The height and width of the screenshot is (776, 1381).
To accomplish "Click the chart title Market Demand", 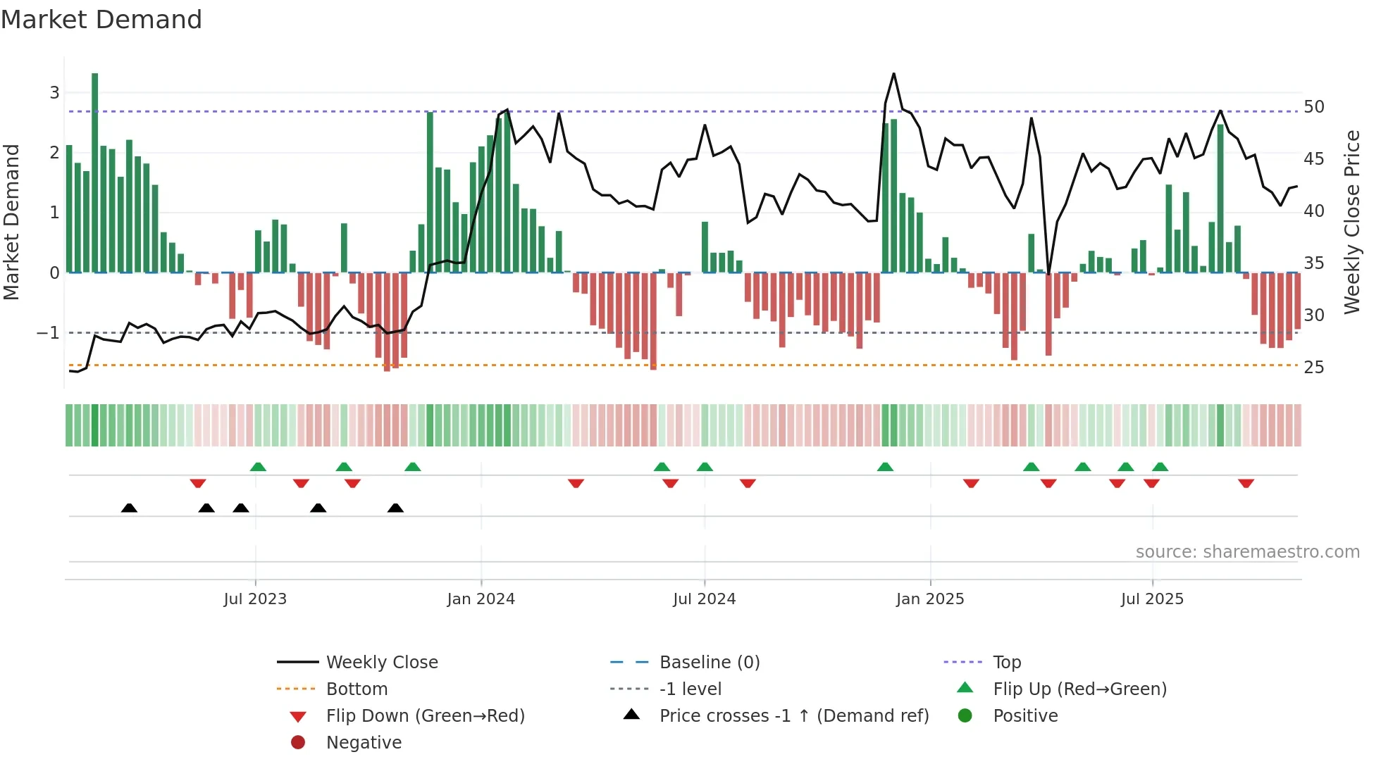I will pyautogui.click(x=101, y=20).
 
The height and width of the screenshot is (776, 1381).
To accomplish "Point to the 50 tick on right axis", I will pyautogui.click(x=1313, y=107).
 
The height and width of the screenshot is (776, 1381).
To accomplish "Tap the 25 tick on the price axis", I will pyautogui.click(x=1313, y=368).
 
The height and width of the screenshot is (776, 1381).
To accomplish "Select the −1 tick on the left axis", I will pyautogui.click(x=48, y=332).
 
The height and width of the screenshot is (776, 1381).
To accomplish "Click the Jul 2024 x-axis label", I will pyautogui.click(x=704, y=599).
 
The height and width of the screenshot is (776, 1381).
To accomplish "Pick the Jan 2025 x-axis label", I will pyautogui.click(x=929, y=599).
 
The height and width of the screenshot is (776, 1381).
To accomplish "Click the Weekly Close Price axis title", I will pyautogui.click(x=1351, y=222).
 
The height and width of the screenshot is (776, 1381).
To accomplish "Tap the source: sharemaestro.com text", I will pyautogui.click(x=1247, y=552).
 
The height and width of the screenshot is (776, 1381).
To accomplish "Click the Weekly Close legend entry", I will pyautogui.click(x=381, y=663).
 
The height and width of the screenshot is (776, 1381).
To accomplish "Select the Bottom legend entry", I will pyautogui.click(x=357, y=689).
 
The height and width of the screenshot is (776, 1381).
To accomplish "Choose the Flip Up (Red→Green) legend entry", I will pyautogui.click(x=1079, y=689).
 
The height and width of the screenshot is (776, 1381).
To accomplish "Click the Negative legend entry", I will pyautogui.click(x=364, y=743).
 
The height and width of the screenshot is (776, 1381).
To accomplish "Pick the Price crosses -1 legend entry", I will pyautogui.click(x=793, y=716).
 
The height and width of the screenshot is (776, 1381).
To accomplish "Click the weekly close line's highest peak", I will pyautogui.click(x=893, y=74).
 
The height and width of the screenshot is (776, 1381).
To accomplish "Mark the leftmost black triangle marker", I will pyautogui.click(x=129, y=508).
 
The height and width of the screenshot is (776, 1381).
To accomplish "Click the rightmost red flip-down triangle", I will pyautogui.click(x=1246, y=483).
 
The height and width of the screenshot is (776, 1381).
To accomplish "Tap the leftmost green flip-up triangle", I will pyautogui.click(x=258, y=467).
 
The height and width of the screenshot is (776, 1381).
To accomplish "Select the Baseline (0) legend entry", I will pyautogui.click(x=709, y=663).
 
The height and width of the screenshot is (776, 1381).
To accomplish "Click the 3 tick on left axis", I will pyautogui.click(x=54, y=92).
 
